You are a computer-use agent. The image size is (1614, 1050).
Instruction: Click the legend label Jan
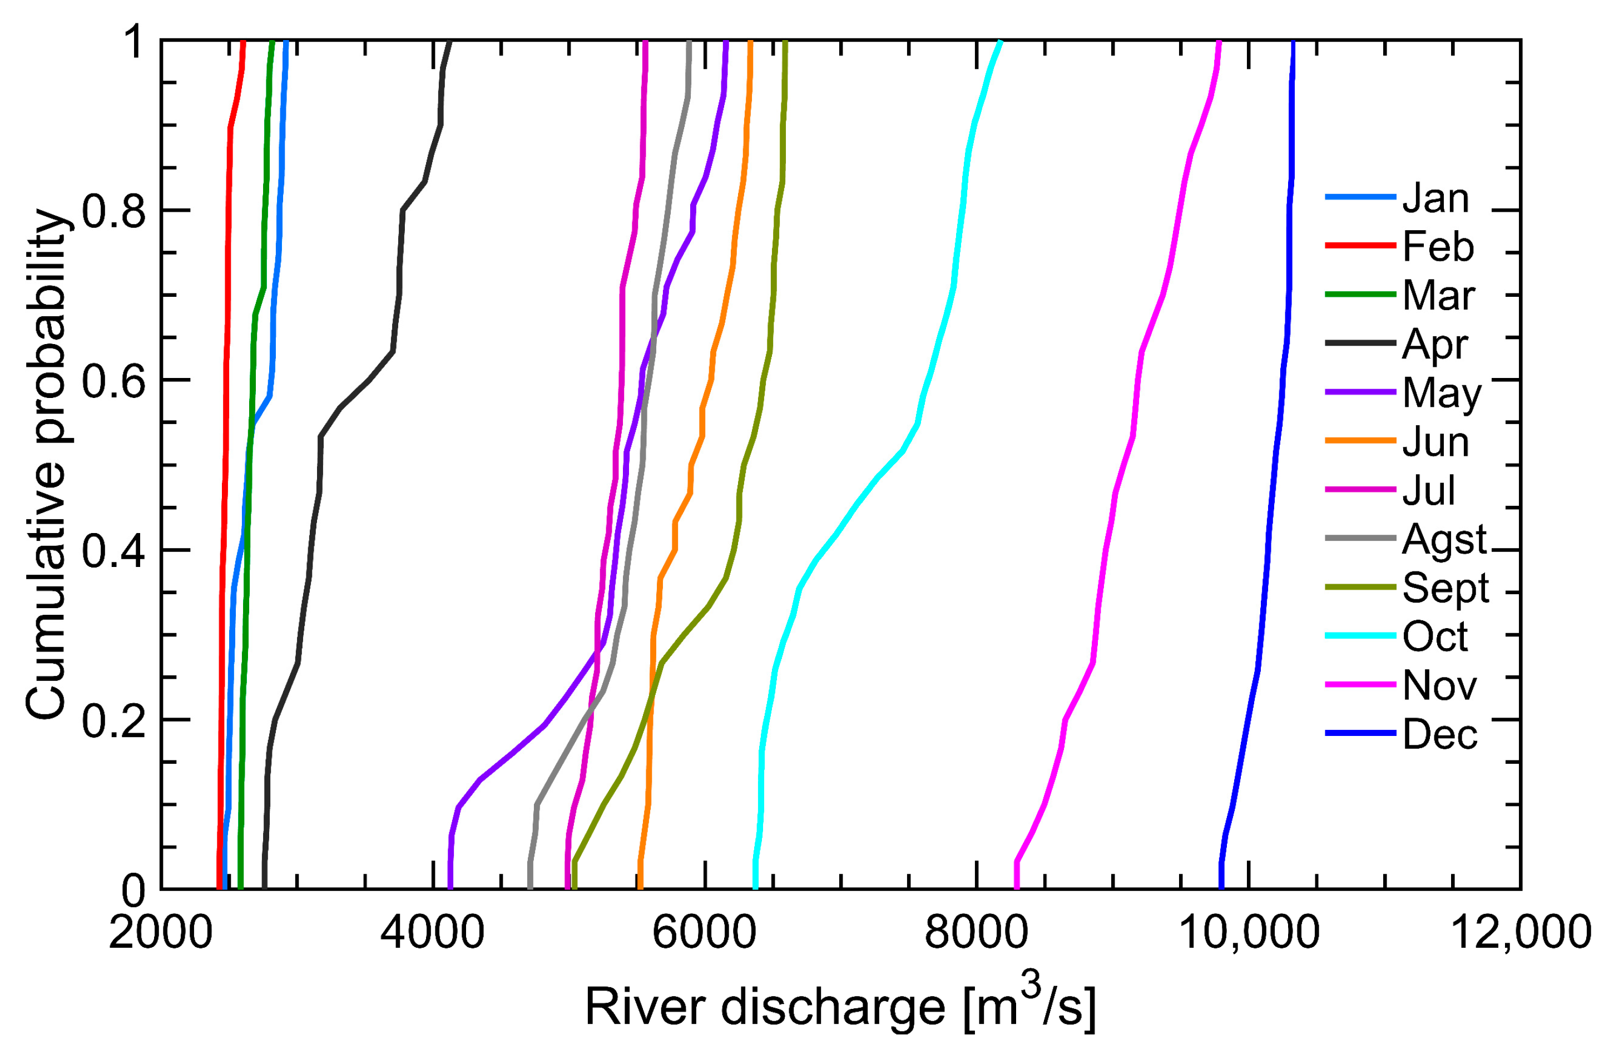click(x=1435, y=198)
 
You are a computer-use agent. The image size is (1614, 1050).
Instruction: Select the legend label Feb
click(x=1438, y=247)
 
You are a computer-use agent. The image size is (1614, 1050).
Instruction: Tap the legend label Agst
click(x=1444, y=540)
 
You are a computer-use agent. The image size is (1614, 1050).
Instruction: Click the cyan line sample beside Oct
click(x=1360, y=636)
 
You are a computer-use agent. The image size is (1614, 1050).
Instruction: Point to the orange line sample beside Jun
click(x=1360, y=441)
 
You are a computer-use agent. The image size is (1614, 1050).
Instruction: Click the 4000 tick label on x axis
click(x=433, y=933)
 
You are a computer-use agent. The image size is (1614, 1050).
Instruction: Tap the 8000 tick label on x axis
click(x=977, y=933)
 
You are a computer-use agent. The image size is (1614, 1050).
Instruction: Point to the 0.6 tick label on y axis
click(x=113, y=382)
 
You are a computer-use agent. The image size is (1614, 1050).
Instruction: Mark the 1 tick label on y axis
click(x=134, y=43)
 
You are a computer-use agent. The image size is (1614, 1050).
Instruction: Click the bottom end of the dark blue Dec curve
click(x=1221, y=886)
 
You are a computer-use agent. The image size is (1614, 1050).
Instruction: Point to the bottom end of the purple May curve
click(x=450, y=886)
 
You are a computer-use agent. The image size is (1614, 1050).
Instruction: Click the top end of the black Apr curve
click(x=449, y=43)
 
